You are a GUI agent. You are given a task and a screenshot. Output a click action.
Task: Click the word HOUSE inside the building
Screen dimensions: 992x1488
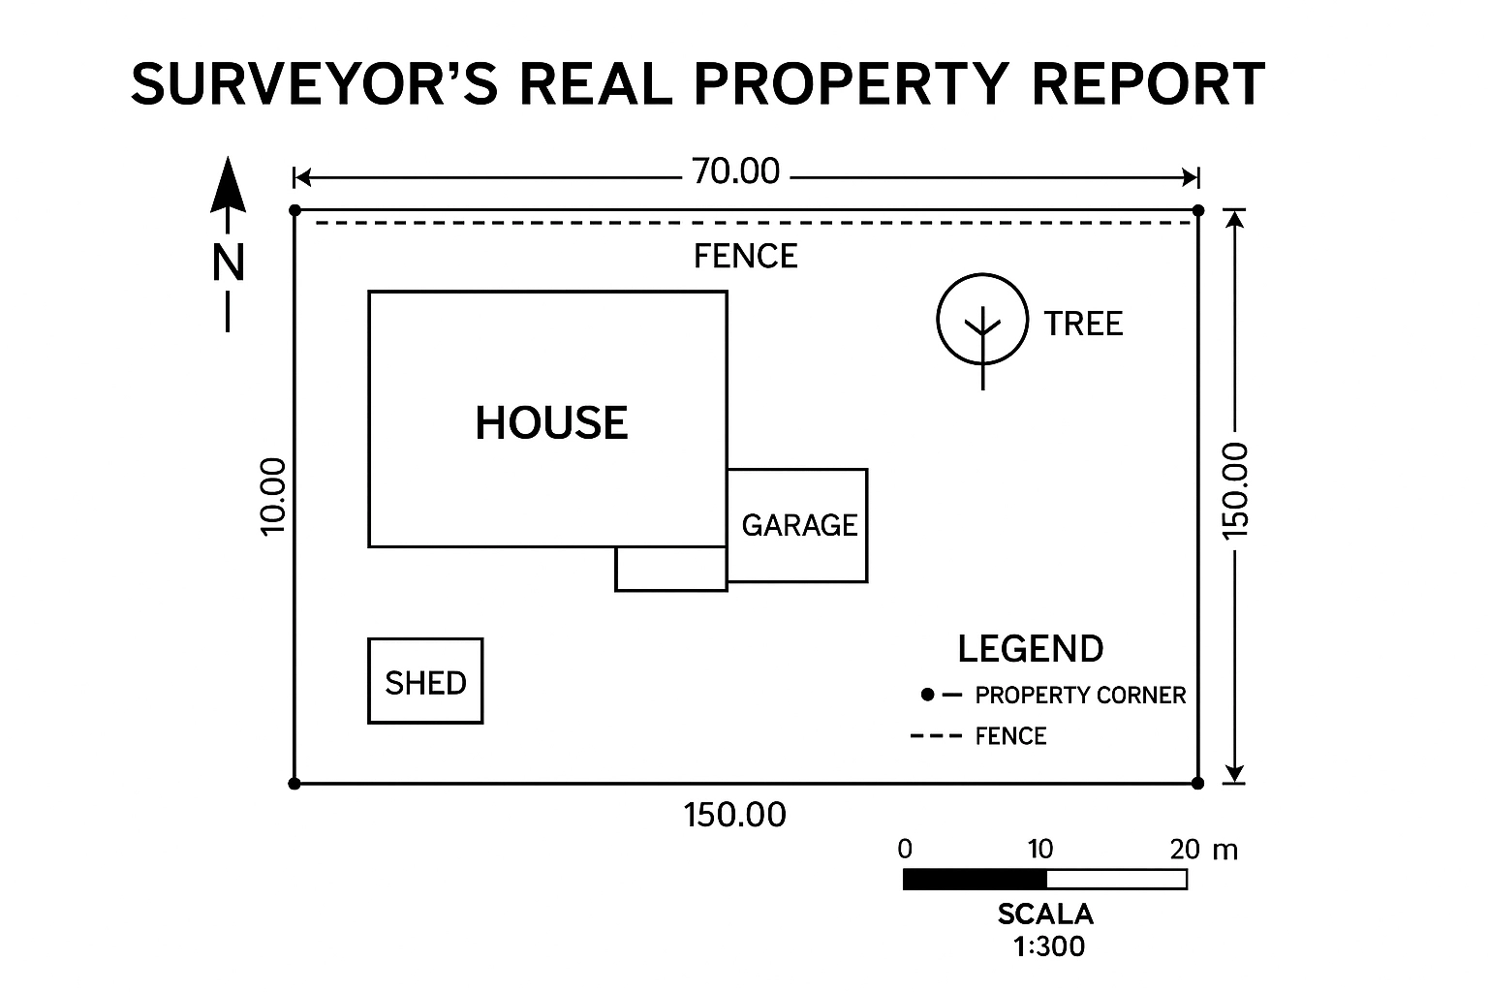click(551, 423)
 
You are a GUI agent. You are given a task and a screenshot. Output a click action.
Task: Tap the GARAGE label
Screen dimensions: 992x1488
click(799, 525)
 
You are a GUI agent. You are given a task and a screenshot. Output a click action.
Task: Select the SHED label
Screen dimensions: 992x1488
click(425, 683)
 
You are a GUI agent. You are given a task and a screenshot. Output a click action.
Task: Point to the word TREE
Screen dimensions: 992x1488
click(1083, 324)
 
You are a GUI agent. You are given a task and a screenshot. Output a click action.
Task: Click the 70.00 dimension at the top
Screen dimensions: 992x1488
click(736, 171)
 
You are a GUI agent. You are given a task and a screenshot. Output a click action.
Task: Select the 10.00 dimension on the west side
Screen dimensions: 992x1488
click(274, 495)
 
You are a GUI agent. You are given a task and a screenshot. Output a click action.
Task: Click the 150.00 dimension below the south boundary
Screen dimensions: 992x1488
click(735, 816)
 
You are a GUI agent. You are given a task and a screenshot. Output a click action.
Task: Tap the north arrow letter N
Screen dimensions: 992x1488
click(229, 263)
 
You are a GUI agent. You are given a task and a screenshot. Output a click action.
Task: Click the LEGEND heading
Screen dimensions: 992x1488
click(1031, 649)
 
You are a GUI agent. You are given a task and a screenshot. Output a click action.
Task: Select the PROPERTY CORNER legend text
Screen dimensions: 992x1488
click(1080, 696)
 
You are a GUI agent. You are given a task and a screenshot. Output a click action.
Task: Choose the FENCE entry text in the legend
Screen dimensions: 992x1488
click(1010, 736)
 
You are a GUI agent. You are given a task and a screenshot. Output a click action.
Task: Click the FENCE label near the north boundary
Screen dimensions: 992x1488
click(746, 257)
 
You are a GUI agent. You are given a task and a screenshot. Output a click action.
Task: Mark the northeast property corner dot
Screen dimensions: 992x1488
click(1198, 210)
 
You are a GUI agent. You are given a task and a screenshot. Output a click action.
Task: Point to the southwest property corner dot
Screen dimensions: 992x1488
click(294, 783)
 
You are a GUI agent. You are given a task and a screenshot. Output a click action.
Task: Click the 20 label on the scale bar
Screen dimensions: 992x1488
click(1184, 850)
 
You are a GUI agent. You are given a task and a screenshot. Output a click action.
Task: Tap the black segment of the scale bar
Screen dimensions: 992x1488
click(975, 880)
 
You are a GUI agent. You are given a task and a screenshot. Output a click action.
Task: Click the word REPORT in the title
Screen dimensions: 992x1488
click(1148, 84)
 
